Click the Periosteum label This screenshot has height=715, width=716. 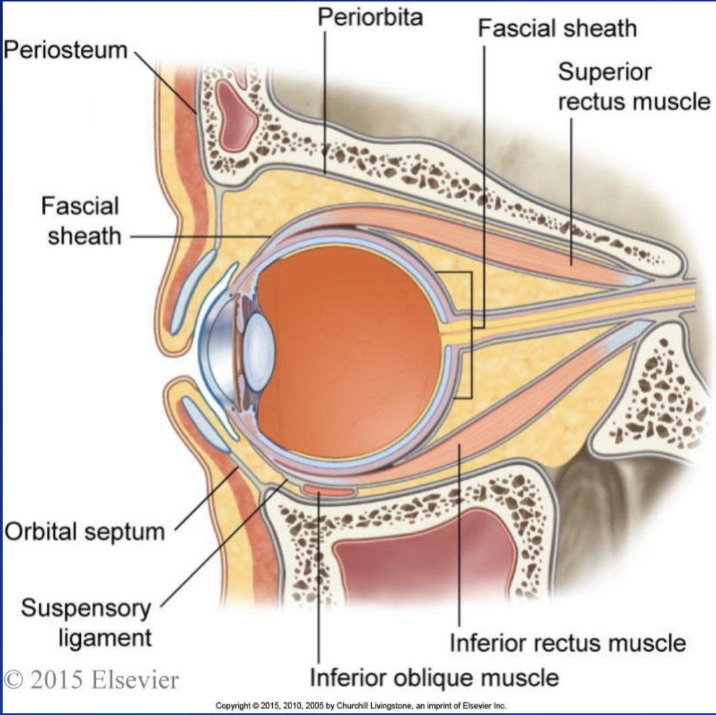click(65, 49)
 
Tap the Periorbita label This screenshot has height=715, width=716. click(370, 17)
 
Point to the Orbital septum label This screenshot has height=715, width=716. click(85, 532)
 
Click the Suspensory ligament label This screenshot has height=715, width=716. click(86, 623)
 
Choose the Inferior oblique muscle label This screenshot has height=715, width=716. click(434, 677)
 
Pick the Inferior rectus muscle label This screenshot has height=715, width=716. click(568, 643)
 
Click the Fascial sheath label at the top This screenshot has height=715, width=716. click(557, 29)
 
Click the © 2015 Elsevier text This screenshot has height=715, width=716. click(91, 680)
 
